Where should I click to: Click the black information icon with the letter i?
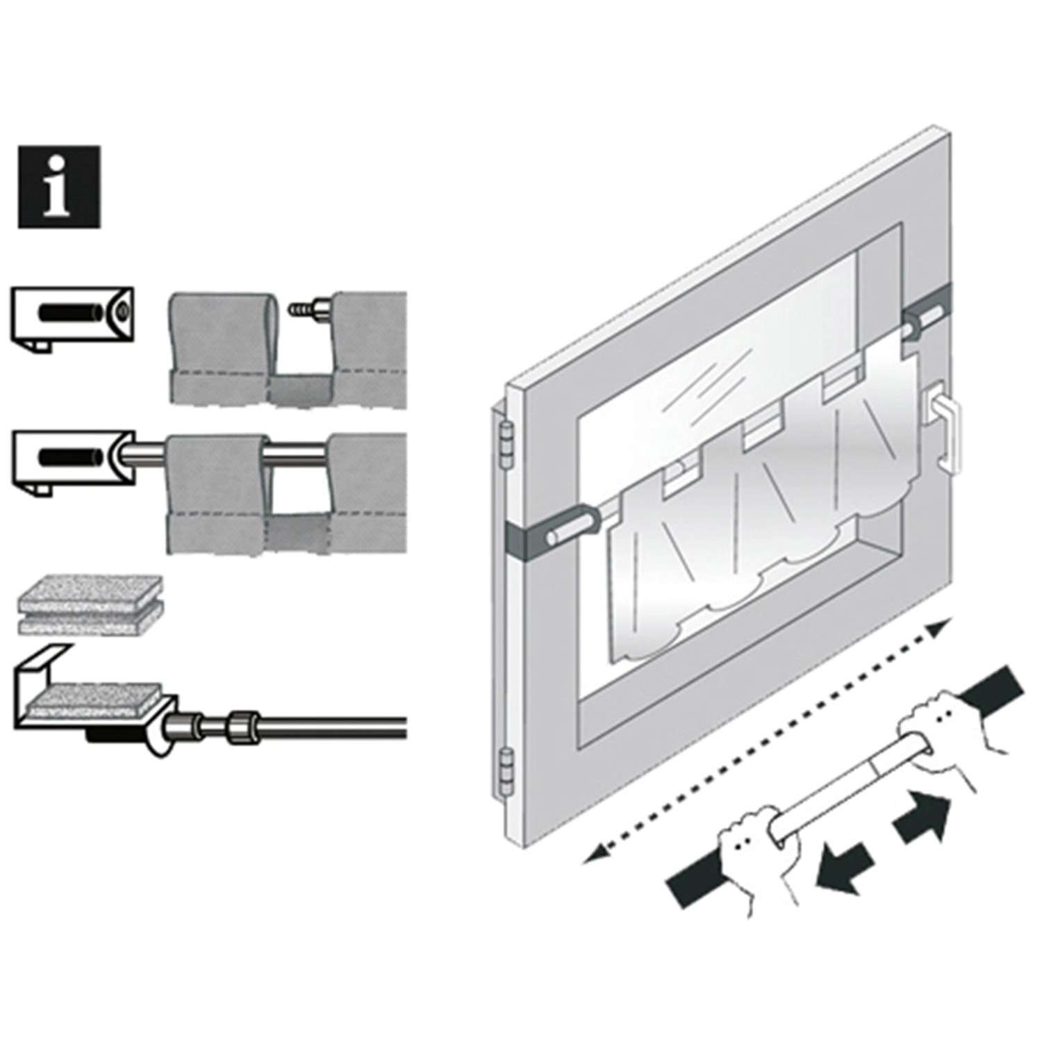59,187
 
